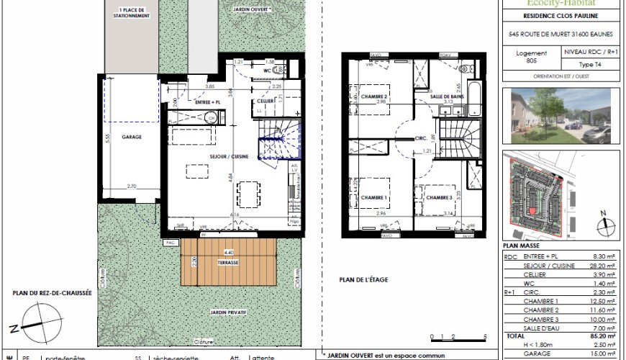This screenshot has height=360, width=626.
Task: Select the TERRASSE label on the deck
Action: click(x=230, y=264)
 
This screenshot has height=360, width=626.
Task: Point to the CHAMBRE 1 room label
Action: click(x=375, y=198)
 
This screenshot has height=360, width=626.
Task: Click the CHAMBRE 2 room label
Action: click(x=375, y=97)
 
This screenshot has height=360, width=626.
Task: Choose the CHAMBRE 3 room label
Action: click(x=439, y=198)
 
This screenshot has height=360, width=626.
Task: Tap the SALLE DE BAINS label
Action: click(x=446, y=96)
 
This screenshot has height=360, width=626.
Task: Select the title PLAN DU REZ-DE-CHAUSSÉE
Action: click(x=51, y=293)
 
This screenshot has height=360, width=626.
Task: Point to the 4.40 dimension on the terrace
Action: click(x=229, y=253)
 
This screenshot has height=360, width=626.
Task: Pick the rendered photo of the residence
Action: click(x=561, y=114)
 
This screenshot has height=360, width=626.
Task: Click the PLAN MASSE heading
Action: click(x=520, y=246)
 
